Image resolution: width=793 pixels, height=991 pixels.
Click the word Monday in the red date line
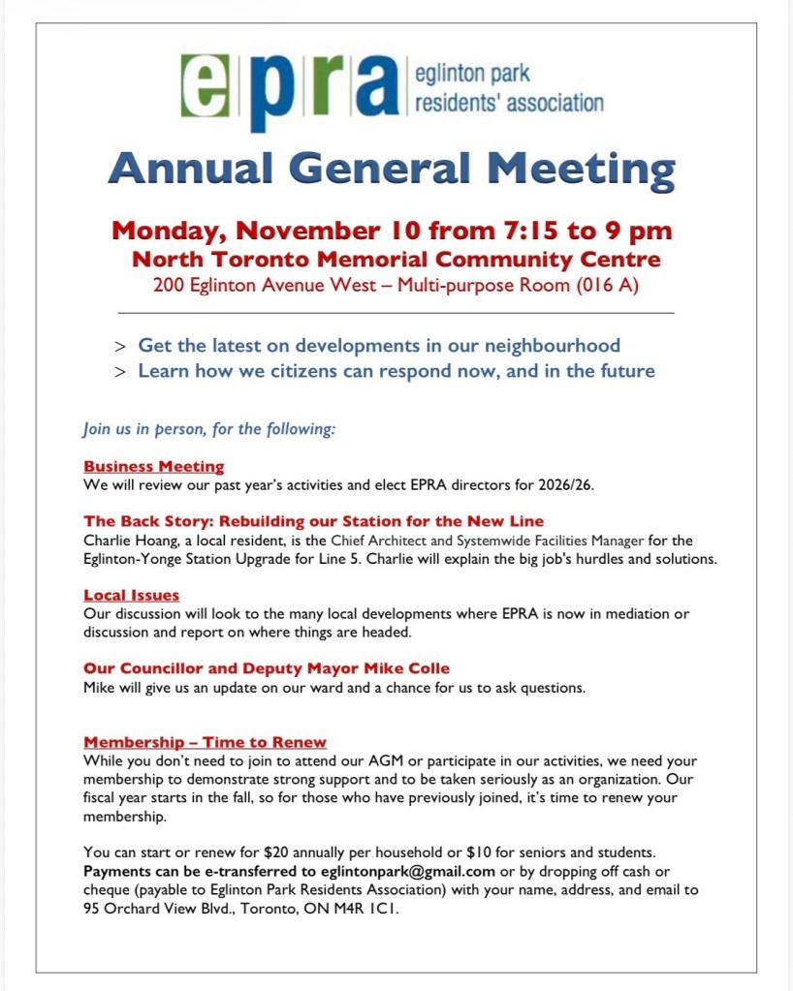167,232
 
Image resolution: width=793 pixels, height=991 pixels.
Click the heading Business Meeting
153,466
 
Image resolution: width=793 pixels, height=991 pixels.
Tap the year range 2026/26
561,484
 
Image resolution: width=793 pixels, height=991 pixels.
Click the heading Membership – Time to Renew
205,743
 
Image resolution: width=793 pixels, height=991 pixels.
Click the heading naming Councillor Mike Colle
266,668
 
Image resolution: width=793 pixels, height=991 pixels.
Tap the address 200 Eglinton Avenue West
270,286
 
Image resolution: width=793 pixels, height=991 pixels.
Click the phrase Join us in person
147,429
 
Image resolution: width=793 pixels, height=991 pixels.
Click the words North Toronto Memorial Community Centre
396,260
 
